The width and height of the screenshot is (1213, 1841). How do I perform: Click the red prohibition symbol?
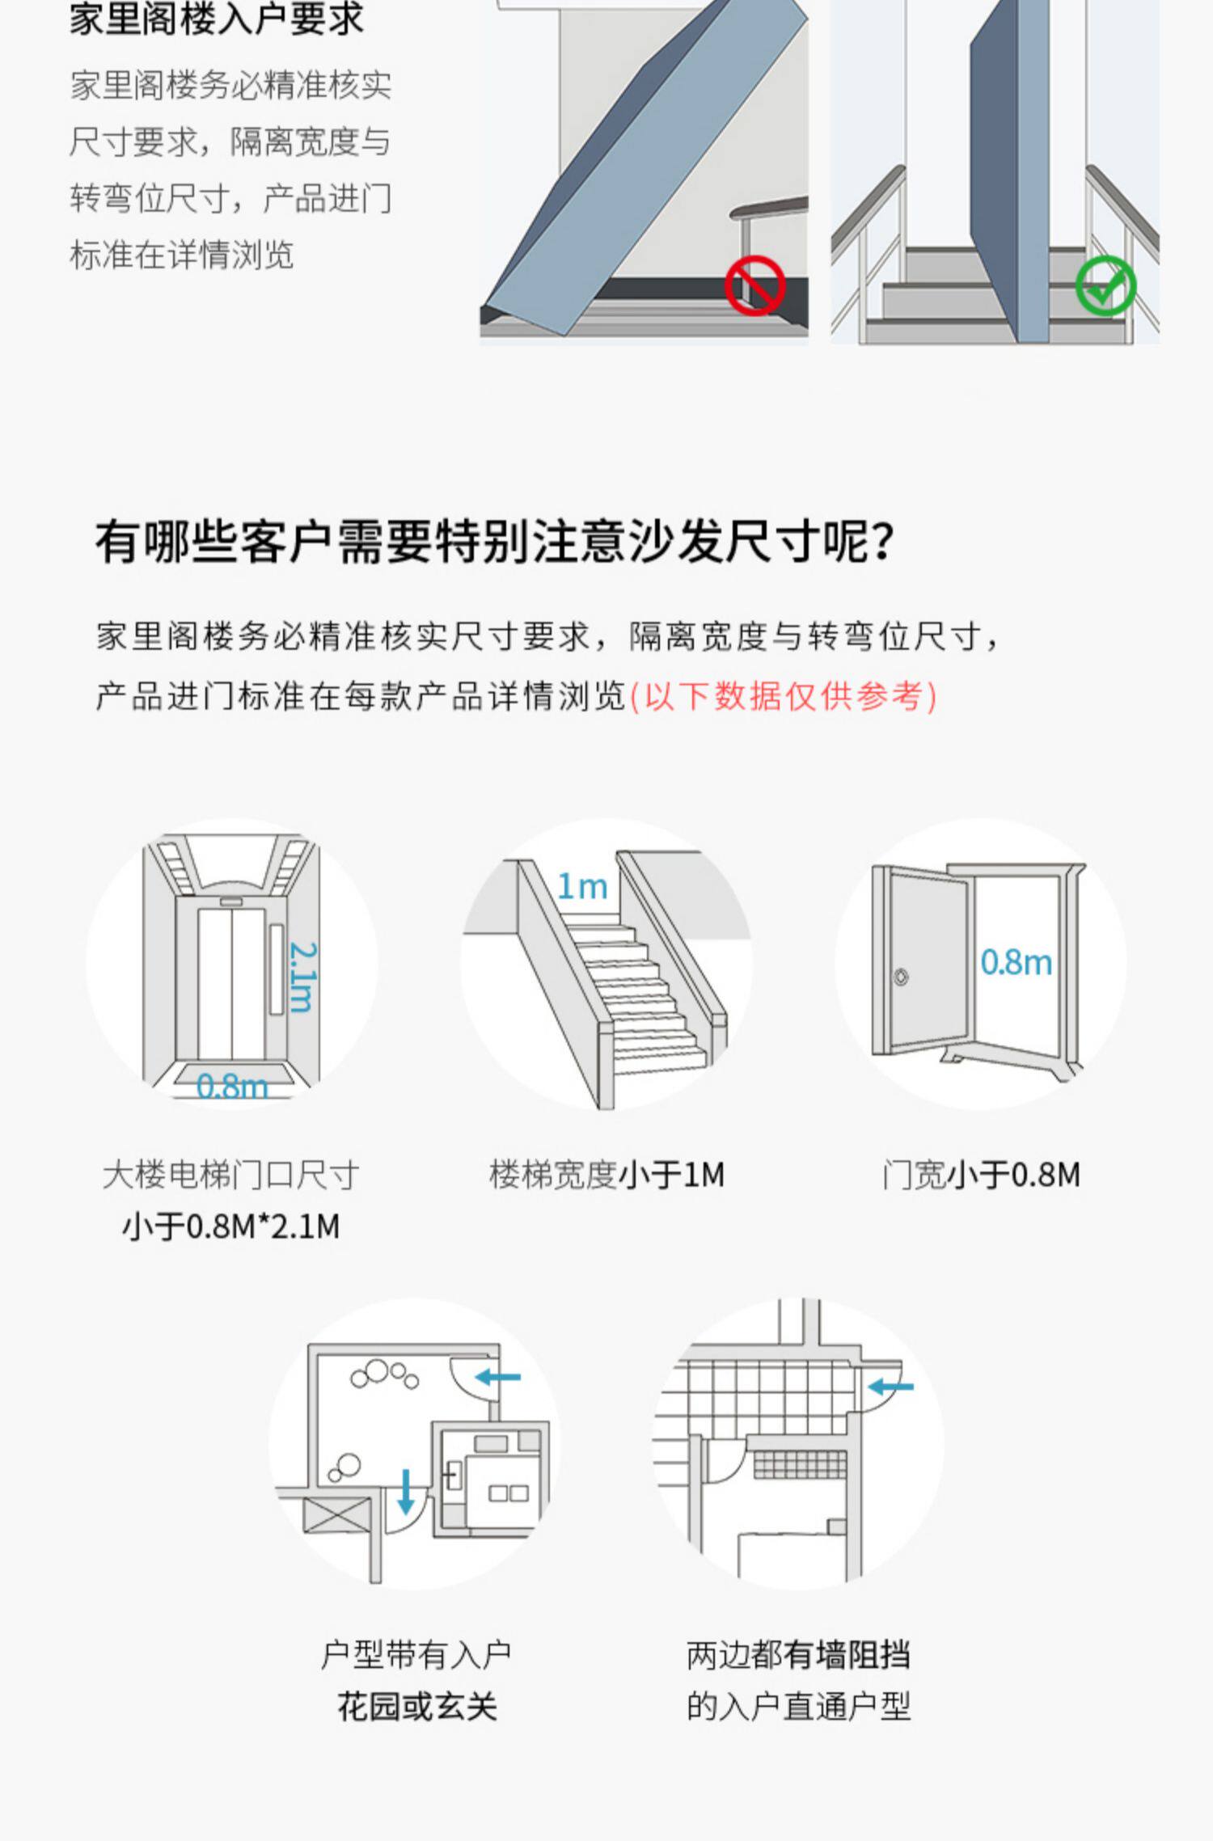coord(754,285)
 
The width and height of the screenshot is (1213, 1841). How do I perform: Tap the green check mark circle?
coord(1105,285)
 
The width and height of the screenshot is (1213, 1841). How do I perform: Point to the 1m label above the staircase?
coord(582,887)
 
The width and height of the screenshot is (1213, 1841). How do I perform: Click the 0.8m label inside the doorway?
coord(1016,962)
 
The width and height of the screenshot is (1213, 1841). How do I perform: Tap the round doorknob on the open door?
coord(901,977)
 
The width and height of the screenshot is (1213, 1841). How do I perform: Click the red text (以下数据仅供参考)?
coord(783,696)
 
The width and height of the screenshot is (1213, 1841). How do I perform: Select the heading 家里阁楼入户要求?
coord(217,19)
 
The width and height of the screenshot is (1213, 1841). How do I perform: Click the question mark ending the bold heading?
coord(884,542)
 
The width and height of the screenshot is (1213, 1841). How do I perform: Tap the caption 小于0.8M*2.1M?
coord(231,1227)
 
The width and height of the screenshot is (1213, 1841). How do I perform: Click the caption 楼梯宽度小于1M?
coord(606,1175)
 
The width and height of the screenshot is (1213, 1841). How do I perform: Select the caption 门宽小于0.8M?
coord(982,1175)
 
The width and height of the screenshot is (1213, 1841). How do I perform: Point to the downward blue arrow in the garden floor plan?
coord(406,1490)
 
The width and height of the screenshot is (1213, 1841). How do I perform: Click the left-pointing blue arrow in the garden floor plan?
coord(498,1377)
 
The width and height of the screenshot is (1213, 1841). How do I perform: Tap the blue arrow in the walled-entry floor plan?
coord(890,1387)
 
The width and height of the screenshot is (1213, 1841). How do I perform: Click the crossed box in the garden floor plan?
coord(337,1514)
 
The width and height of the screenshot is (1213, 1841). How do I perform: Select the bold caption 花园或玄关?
coord(416,1707)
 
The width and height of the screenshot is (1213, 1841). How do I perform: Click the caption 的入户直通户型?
coord(798,1707)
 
